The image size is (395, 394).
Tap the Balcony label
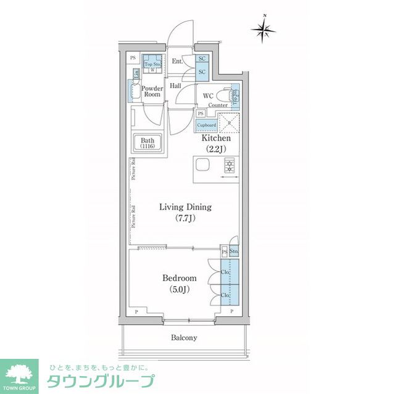(184, 338)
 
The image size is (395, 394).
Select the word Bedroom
(179, 278)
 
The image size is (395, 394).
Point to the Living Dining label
(185, 207)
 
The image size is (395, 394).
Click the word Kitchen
(216, 139)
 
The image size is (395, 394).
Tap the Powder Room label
(152, 91)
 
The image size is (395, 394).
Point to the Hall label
(176, 86)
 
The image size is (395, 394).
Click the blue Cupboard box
(206, 125)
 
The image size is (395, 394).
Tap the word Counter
(218, 106)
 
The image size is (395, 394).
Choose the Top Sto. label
(152, 63)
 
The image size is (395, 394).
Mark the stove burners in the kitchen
(230, 165)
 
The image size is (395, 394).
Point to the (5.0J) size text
(179, 289)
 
